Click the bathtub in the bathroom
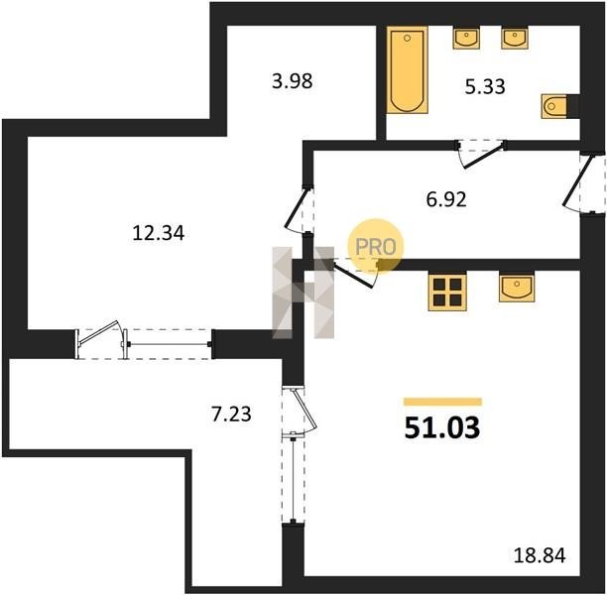coord(408,69)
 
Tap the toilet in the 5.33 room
coord(554,106)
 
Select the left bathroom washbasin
coord(466,38)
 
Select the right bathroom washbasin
coord(515,38)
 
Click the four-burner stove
coord(447,292)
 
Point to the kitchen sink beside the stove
coord(517,287)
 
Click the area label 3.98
coord(292,81)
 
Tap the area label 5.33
coord(485,86)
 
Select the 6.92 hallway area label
coord(446,199)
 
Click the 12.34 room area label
coord(159,233)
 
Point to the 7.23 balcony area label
coord(231,414)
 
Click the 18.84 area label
coord(540,555)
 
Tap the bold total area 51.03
coord(442,428)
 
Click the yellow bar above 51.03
coord(443,402)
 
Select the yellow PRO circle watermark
coord(376,246)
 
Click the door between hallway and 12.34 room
coord(300,210)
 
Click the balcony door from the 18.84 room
coord(300,411)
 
